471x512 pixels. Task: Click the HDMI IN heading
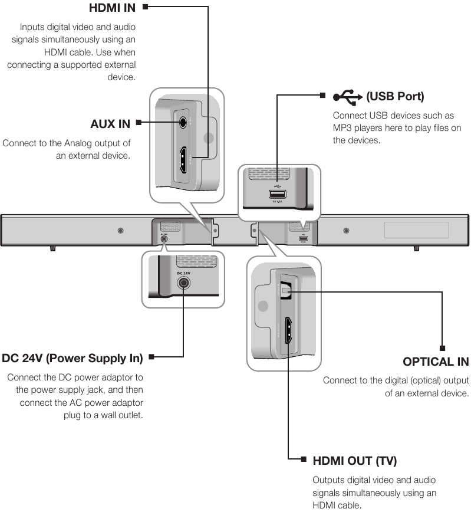112,8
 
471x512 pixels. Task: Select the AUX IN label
110,124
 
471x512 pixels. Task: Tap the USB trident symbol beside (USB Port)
348,96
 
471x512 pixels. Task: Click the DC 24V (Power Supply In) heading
73,358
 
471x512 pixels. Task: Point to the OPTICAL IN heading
436,362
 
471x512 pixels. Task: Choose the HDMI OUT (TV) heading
355,461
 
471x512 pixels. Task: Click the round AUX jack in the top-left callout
184,123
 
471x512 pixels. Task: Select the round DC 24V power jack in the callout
184,284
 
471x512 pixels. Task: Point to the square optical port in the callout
286,290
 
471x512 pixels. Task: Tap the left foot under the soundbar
52,249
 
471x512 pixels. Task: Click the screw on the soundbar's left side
120,230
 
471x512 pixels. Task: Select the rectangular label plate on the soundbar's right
416,230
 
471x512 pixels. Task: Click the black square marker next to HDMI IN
145,8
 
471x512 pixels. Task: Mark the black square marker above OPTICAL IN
442,347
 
